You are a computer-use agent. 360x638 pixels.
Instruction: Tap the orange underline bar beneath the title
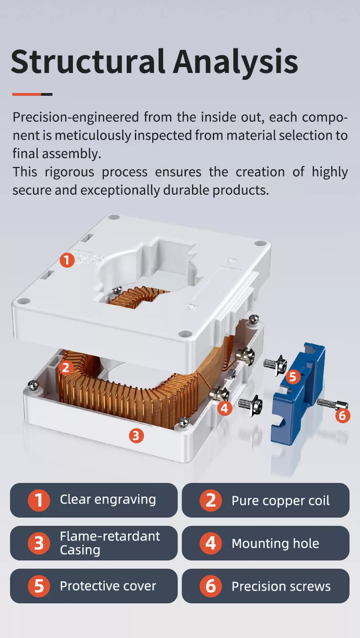26,94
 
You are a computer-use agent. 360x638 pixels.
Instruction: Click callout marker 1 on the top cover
67,260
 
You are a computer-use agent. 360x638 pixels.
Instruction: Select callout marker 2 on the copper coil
66,368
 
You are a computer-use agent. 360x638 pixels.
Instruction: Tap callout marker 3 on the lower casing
136,436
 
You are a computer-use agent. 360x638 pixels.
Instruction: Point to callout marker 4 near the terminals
224,408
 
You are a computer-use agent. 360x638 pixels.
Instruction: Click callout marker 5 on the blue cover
293,377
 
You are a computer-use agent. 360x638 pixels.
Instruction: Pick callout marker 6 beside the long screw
343,415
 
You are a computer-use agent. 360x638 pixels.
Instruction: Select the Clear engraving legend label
108,500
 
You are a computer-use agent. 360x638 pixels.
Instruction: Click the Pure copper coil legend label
280,501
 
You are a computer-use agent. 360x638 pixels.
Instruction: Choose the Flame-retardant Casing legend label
109,543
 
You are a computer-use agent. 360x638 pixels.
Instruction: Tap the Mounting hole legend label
275,544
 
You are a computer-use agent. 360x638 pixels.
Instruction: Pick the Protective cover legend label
108,586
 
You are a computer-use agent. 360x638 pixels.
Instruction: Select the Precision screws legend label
281,586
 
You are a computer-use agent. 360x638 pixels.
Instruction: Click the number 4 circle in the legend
211,544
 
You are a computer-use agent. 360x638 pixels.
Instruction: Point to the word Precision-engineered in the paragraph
75,117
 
